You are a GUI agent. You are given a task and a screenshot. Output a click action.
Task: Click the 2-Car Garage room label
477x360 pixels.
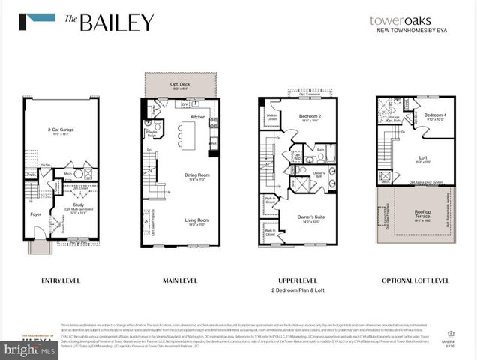(59, 130)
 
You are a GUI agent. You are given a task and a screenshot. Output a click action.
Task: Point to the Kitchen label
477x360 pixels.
(197, 117)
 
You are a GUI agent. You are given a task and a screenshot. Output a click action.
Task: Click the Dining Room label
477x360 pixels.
(196, 176)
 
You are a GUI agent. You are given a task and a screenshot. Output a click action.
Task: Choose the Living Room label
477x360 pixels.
(197, 220)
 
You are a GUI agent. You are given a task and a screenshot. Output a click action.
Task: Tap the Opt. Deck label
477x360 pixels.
(180, 83)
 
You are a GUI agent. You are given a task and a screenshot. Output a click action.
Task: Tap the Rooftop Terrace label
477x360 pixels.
(423, 213)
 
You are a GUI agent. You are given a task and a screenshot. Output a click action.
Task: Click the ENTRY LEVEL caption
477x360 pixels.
(61, 280)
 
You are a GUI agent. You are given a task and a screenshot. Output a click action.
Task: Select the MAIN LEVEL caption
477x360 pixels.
(180, 280)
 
